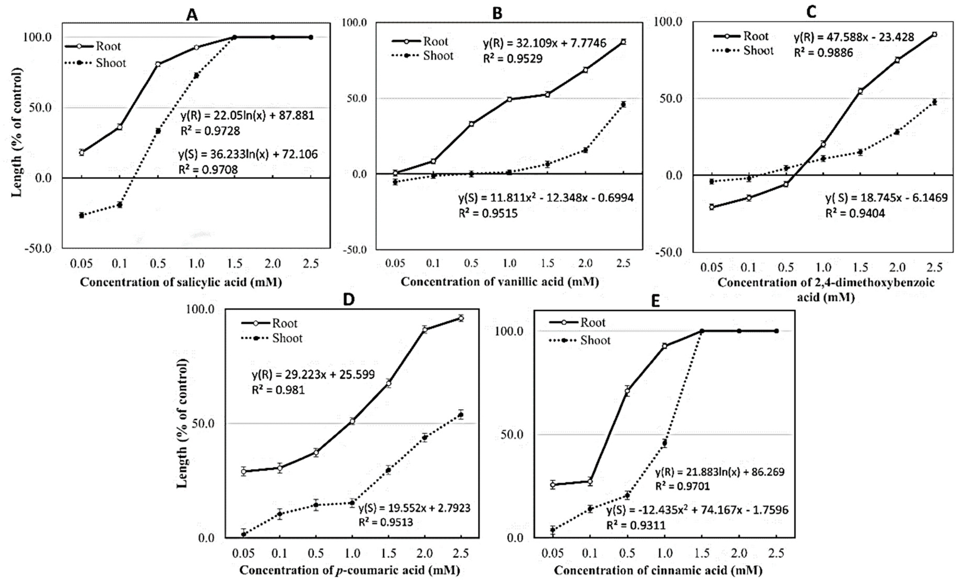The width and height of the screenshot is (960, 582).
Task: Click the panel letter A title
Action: [x=192, y=15]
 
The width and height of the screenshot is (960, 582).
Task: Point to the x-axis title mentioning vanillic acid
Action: [x=500, y=281]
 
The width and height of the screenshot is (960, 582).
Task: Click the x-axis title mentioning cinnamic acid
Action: [x=658, y=570]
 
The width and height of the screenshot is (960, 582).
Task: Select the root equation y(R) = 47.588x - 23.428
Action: [x=854, y=37]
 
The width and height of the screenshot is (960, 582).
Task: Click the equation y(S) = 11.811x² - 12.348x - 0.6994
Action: [x=545, y=198]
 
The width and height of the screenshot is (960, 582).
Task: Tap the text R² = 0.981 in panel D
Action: [x=278, y=389]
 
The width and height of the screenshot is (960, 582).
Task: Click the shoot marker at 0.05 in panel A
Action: [x=81, y=215]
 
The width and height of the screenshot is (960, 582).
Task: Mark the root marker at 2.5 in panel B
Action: [x=623, y=42]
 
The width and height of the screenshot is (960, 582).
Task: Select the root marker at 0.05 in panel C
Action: [x=712, y=207]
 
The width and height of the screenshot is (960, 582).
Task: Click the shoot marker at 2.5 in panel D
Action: [x=460, y=415]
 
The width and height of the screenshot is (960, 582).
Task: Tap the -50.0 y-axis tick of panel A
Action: [x=38, y=249]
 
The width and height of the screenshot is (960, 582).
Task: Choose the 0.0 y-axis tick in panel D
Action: [x=206, y=538]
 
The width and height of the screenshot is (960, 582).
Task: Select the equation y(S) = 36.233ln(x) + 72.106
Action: [x=248, y=154]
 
